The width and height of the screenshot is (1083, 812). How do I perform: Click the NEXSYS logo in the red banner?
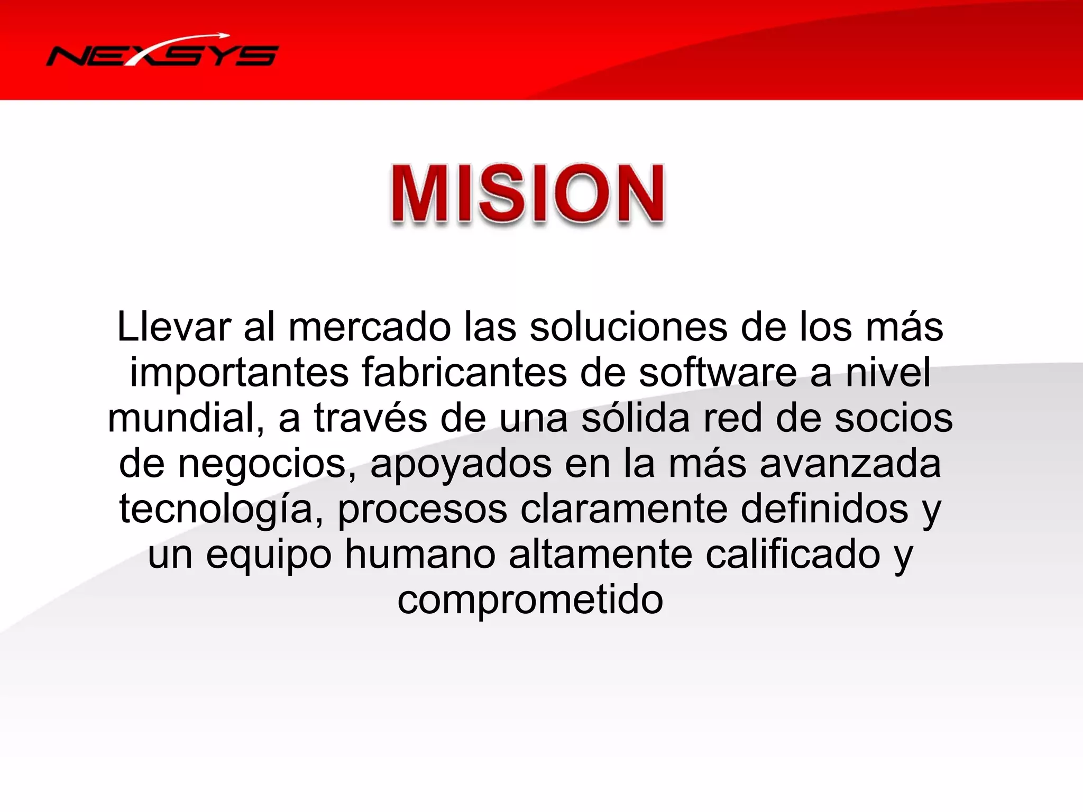[x=162, y=53]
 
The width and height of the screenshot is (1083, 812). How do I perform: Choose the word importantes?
[x=239, y=373]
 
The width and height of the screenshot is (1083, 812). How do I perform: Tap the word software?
[x=718, y=373]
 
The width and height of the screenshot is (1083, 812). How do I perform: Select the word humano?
[x=420, y=555]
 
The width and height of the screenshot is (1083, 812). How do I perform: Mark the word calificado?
[x=793, y=555]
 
